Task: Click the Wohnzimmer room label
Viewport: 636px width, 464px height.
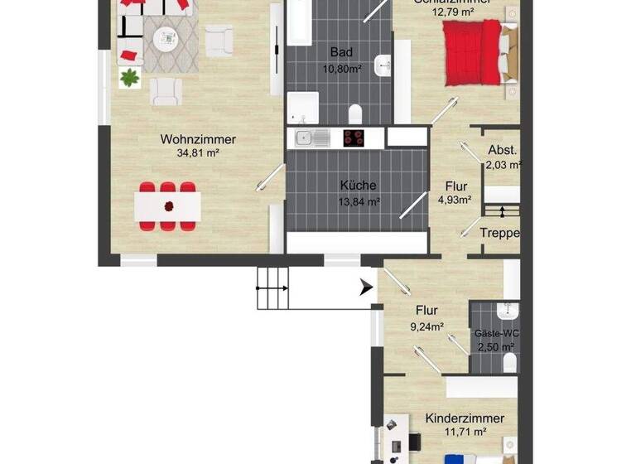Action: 198,140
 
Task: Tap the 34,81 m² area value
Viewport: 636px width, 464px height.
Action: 198,153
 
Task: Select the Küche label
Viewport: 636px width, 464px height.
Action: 359,186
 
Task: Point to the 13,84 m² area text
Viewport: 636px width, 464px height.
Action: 359,201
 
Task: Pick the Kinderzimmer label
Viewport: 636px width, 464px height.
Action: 465,419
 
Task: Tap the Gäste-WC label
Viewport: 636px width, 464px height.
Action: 494,333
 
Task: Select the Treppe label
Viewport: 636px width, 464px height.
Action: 500,233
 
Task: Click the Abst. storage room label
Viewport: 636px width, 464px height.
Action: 503,151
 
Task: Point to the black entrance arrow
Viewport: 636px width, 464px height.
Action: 365,288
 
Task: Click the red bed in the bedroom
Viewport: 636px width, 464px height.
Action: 473,51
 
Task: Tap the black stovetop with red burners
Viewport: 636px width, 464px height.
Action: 354,138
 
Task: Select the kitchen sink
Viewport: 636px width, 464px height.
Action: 304,138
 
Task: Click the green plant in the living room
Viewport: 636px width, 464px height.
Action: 129,79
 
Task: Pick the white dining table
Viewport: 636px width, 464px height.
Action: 168,205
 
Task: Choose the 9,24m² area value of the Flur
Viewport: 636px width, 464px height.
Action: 426,326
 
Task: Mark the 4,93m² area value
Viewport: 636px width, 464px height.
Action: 455,199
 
